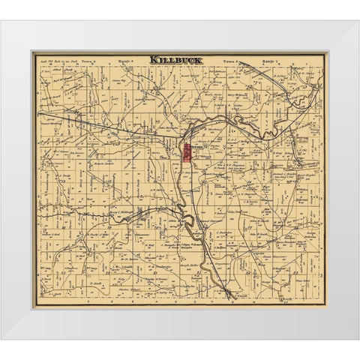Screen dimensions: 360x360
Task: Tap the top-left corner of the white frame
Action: (1, 21)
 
